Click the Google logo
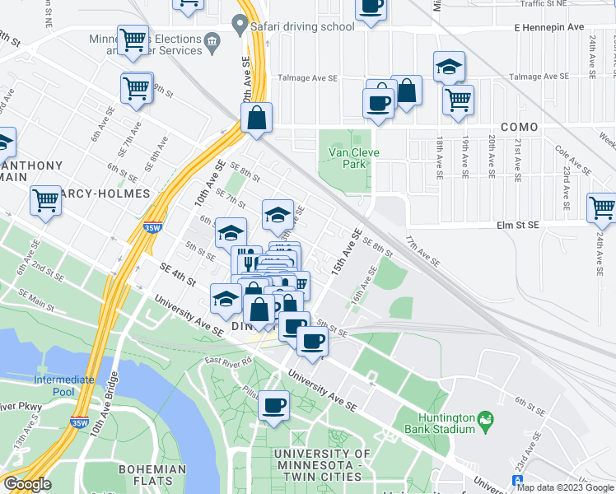coord(27,483)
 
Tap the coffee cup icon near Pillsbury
coord(274,404)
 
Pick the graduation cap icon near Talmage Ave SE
coord(450,66)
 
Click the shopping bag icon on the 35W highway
coord(257,118)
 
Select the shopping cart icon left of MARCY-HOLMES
coord(46,200)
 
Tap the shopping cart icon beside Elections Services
coord(133,39)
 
